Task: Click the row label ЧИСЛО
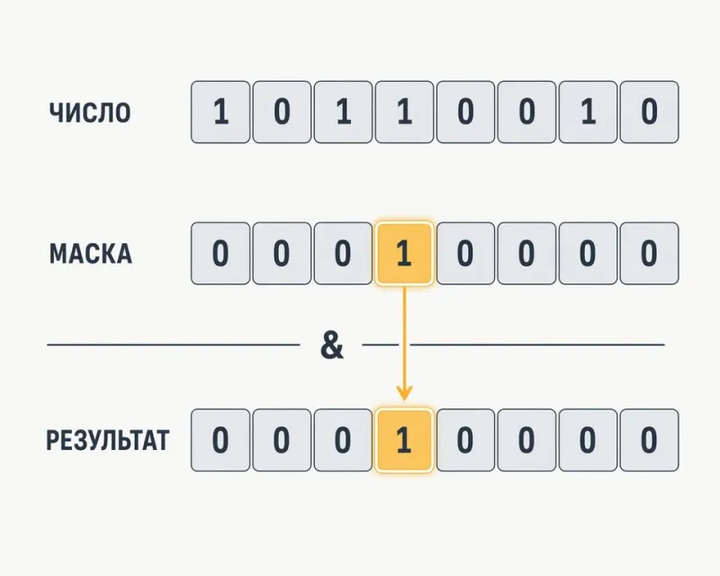[x=90, y=112]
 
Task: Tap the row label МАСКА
[x=91, y=254]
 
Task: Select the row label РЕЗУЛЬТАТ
[x=108, y=440]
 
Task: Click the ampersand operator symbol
[x=331, y=346]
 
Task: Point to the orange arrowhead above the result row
[x=404, y=393]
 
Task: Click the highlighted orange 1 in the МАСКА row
[x=404, y=254]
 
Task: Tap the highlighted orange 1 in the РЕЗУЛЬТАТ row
[x=404, y=440]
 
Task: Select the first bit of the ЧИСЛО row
[x=220, y=112]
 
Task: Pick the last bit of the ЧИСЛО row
[x=649, y=112]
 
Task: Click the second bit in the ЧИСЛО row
[x=282, y=112]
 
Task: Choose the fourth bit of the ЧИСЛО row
[x=404, y=112]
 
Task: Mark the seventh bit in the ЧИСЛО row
[x=588, y=112]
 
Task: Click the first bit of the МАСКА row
[x=220, y=254]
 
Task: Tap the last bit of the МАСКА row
[x=649, y=254]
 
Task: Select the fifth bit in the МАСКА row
[x=465, y=254]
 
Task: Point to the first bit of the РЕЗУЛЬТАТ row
[x=220, y=440]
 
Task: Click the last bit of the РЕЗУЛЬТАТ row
[x=649, y=440]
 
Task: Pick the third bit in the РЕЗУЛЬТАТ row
[x=343, y=440]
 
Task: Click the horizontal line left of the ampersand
[x=174, y=344]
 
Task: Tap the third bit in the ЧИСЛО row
[x=343, y=112]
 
